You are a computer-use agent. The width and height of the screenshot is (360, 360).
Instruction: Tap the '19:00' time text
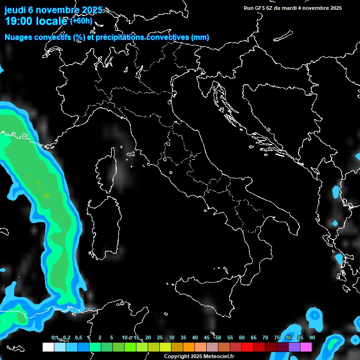[19, 21]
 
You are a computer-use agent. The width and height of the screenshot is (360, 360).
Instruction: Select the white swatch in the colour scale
[48, 347]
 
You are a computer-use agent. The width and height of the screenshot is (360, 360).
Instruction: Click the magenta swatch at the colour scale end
[306, 347]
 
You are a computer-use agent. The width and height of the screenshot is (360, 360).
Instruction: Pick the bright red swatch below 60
[247, 347]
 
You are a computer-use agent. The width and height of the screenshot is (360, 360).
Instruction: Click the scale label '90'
[312, 338]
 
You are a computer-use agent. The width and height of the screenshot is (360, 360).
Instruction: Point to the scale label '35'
[183, 338]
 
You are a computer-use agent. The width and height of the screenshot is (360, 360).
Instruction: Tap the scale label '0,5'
[78, 338]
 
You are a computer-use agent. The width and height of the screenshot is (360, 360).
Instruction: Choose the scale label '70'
[265, 338]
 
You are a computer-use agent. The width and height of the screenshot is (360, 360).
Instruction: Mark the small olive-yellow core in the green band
[46, 195]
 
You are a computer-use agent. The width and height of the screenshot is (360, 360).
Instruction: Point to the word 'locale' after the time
[52, 21]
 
